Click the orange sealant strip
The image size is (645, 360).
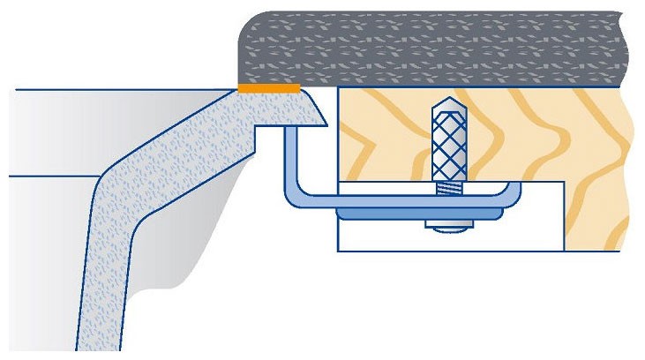[269, 87]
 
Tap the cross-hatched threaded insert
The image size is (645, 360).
[450, 141]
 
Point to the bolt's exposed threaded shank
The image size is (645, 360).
[450, 189]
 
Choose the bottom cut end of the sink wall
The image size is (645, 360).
[97, 353]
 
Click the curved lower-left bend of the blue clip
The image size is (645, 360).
[300, 196]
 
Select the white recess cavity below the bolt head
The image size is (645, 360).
[388, 236]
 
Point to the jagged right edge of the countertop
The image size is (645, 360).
[628, 49]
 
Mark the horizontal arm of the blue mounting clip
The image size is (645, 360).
[397, 200]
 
